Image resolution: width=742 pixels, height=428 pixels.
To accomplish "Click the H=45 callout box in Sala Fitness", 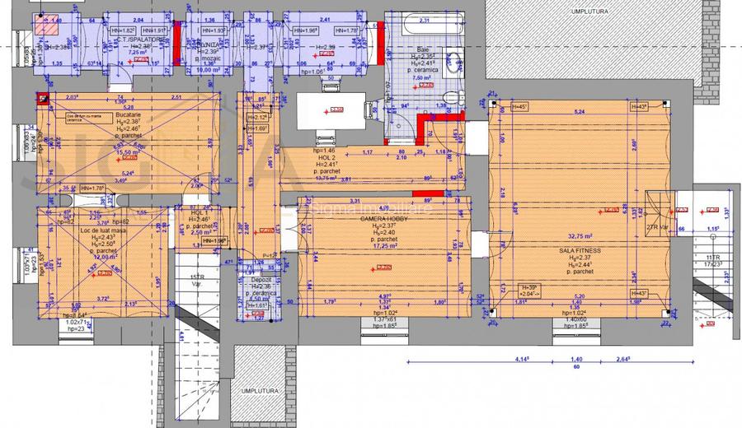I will click(x=519, y=106).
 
